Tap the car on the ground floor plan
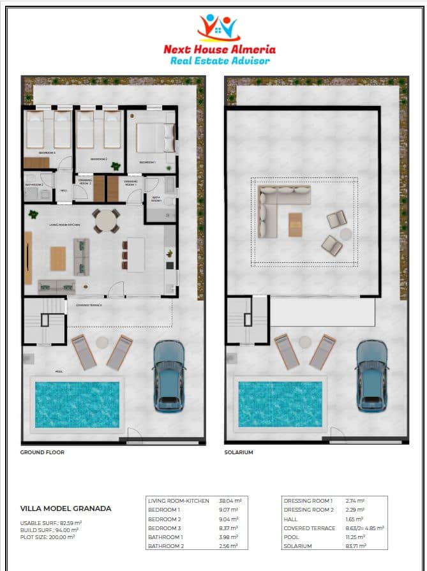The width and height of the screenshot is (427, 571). click(169, 375)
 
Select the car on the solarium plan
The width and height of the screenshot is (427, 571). click(371, 375)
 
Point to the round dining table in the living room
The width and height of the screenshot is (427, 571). click(106, 221)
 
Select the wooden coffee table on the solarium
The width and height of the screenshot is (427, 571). click(296, 225)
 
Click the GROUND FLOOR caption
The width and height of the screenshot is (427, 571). click(43, 452)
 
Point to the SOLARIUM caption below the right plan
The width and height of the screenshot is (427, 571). click(239, 452)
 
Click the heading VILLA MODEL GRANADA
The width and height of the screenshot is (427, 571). click(66, 508)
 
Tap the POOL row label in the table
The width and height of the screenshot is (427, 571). click(292, 537)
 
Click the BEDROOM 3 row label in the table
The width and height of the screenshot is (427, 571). click(164, 528)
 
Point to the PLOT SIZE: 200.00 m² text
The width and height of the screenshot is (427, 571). click(48, 537)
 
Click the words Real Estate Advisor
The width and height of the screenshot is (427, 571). click(220, 61)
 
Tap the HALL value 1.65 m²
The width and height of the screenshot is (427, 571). click(355, 519)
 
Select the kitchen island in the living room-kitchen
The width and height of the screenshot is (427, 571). click(136, 254)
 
